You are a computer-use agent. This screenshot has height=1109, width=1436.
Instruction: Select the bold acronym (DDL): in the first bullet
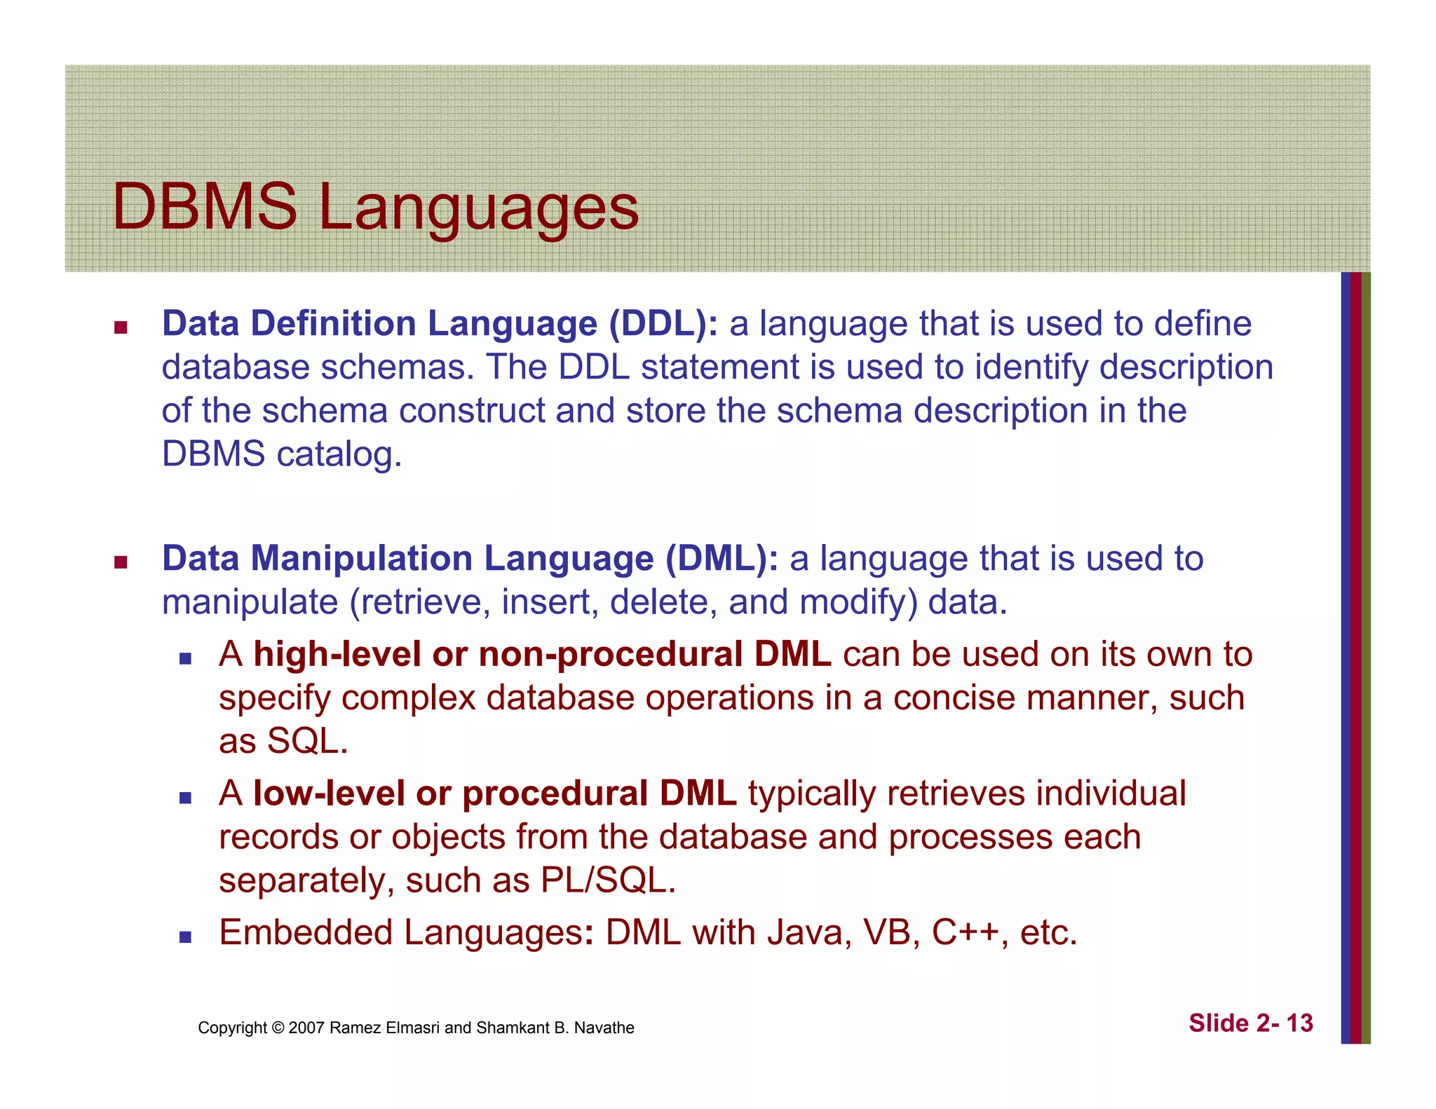[x=663, y=324]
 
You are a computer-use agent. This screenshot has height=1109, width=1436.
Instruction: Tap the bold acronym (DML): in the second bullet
[x=722, y=559]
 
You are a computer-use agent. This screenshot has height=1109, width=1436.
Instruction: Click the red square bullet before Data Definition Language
[x=121, y=327]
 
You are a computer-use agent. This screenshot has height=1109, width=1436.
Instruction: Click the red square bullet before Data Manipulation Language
[x=121, y=562]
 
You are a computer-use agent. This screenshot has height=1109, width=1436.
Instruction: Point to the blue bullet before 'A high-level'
[x=185, y=658]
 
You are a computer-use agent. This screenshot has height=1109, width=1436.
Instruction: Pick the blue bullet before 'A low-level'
[x=185, y=797]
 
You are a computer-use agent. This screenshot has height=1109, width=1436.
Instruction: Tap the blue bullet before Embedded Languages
[x=185, y=937]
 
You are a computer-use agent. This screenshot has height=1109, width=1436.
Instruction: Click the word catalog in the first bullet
[x=339, y=454]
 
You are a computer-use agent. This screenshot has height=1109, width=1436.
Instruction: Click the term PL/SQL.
[x=608, y=880]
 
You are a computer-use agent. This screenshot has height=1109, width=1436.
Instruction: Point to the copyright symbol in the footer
[x=278, y=1028]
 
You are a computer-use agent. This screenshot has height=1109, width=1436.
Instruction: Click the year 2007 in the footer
[x=306, y=1028]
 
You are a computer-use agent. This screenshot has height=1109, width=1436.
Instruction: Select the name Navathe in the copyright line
[x=604, y=1028]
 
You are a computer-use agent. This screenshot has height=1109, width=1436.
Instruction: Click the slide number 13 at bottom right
[x=1299, y=1023]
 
